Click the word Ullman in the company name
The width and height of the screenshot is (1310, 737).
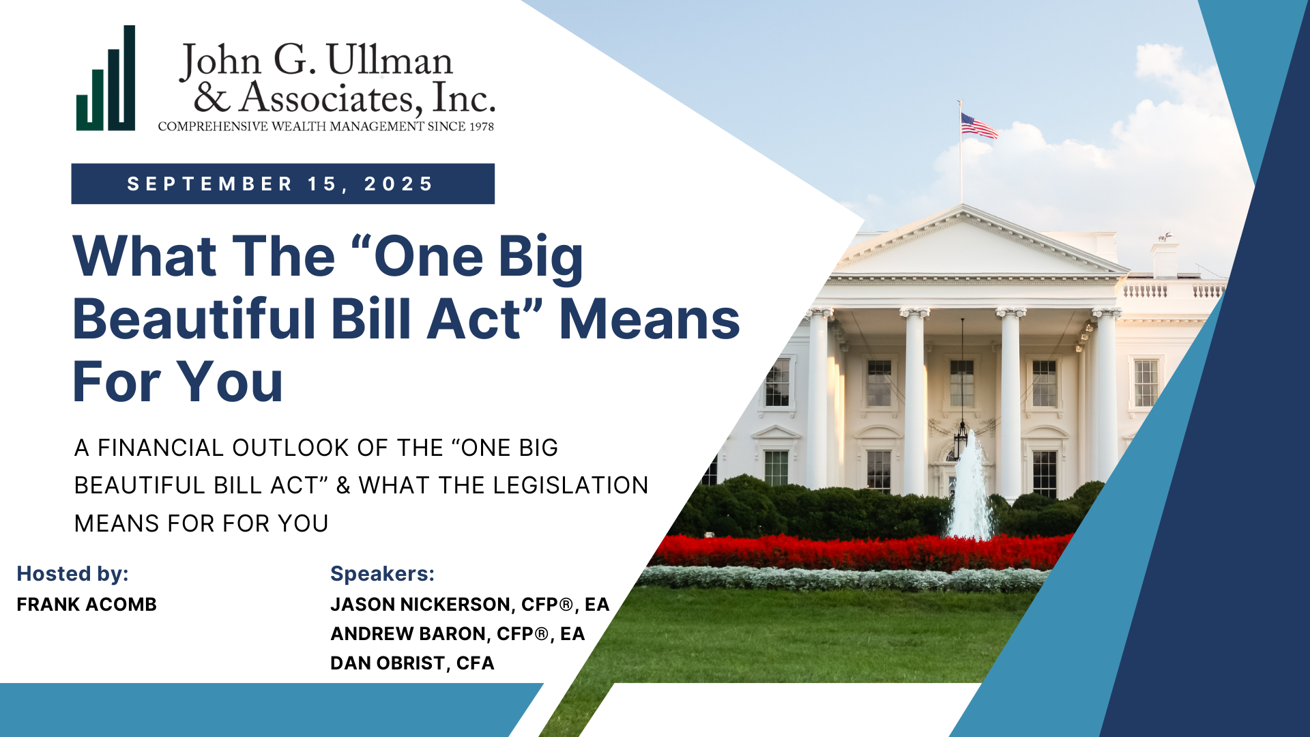pyautogui.click(x=390, y=60)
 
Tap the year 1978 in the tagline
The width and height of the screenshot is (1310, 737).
pyautogui.click(x=480, y=126)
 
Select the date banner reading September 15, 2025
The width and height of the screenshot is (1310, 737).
pyautogui.click(x=282, y=184)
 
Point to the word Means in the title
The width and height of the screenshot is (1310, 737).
pyautogui.click(x=649, y=319)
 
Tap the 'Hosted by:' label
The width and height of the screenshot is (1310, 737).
pyautogui.click(x=72, y=574)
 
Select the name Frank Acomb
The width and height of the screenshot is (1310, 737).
pyautogui.click(x=87, y=605)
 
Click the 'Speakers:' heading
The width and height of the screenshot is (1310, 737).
pyautogui.click(x=382, y=574)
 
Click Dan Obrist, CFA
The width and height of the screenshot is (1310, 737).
pyautogui.click(x=412, y=663)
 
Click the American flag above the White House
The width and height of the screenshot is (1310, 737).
pyautogui.click(x=978, y=126)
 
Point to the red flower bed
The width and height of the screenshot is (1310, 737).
pyautogui.click(x=853, y=551)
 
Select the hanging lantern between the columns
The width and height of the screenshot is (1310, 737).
pyautogui.click(x=961, y=437)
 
